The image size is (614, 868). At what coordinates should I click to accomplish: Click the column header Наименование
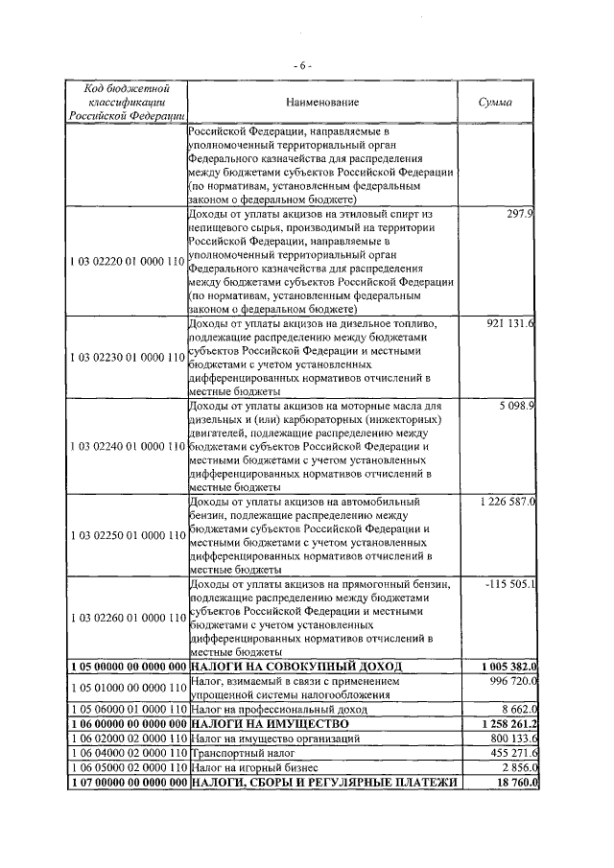click(321, 102)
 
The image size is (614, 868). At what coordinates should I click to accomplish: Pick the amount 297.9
click(520, 214)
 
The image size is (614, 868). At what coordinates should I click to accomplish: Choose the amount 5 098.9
click(516, 406)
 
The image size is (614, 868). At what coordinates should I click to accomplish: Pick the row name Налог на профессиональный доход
click(272, 708)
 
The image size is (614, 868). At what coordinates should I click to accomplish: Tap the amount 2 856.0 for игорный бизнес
click(516, 769)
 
